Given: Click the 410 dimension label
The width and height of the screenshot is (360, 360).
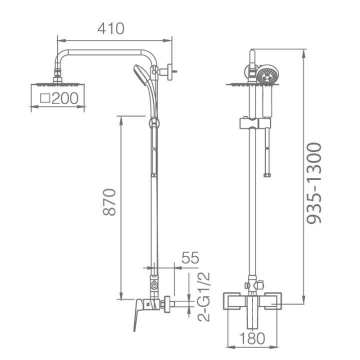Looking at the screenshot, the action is (x=111, y=28).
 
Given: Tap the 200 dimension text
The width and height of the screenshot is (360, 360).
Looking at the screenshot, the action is (x=65, y=98).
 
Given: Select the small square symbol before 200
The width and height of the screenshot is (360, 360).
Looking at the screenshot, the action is (x=45, y=98).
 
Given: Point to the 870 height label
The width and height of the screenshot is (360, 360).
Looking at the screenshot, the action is (x=109, y=202).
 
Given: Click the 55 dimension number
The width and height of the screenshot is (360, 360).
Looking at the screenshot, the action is (x=190, y=257).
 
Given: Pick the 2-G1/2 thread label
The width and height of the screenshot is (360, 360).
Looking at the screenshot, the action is (x=203, y=297).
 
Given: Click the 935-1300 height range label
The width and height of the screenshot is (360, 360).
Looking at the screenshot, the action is (x=314, y=183).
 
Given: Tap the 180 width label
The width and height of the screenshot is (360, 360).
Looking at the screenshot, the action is (x=252, y=338).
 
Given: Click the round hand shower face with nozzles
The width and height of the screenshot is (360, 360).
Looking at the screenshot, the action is (x=266, y=75).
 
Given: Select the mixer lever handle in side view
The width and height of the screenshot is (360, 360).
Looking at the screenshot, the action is (x=138, y=314).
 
